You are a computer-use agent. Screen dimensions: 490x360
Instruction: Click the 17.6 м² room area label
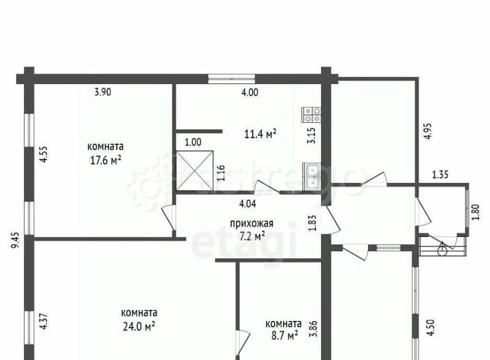[x=105, y=161]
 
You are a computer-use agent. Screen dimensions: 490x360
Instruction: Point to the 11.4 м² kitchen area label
[x=260, y=134]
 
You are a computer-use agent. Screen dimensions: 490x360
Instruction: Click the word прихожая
[x=252, y=224]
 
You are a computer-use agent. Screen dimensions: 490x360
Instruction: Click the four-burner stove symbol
[x=312, y=114]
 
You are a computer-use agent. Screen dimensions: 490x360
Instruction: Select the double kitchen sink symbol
[x=312, y=176]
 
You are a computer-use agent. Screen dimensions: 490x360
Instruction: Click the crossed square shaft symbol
[x=195, y=170]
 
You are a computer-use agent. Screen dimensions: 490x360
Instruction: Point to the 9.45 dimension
[x=15, y=240]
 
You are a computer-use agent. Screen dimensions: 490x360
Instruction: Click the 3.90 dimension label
[x=103, y=92]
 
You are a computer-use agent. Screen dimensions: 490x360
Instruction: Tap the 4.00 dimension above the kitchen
[x=249, y=92]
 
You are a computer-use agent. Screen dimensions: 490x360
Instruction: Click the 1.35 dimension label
[x=440, y=174]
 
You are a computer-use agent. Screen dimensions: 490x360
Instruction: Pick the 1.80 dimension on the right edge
[x=475, y=212]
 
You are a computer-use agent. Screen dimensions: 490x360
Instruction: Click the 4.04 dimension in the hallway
[x=247, y=204]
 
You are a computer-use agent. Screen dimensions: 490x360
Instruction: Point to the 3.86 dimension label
[x=313, y=329]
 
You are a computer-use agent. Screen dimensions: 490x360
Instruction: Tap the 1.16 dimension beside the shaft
[x=221, y=173]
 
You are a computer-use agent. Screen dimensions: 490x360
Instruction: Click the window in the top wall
[x=232, y=79]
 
